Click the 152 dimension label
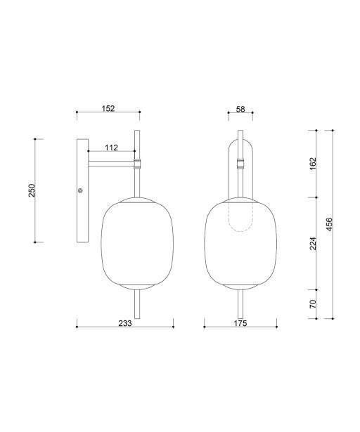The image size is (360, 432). tap(108, 109)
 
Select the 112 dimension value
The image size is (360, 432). tap(111, 148)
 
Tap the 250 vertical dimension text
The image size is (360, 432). tap(32, 190)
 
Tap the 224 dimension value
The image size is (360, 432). tap(314, 243)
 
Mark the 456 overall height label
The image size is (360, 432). tap(330, 225)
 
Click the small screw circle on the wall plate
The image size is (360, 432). tap(81, 190)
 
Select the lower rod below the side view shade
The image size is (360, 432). tap(138, 305)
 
